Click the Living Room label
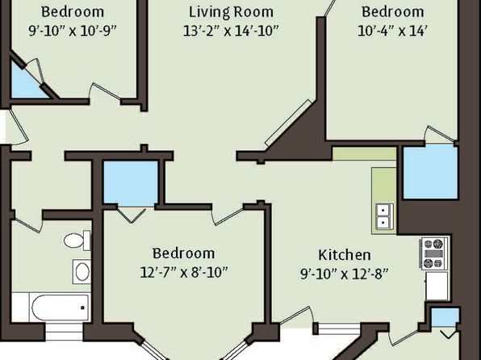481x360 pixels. (x=231, y=12)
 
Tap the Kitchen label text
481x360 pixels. (x=344, y=255)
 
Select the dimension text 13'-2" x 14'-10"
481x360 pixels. (x=231, y=31)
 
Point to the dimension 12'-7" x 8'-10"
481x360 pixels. (x=184, y=272)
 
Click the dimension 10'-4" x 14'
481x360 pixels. (x=393, y=31)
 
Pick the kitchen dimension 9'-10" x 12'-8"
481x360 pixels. (x=344, y=274)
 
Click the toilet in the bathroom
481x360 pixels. (x=77, y=241)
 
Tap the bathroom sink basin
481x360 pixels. (x=82, y=271)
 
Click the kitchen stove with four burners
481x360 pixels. (x=434, y=253)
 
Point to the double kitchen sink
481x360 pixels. (x=385, y=216)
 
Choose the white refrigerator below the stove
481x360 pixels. (x=437, y=286)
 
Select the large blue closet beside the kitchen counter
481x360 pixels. (x=430, y=172)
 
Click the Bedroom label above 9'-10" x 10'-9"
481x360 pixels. (x=73, y=12)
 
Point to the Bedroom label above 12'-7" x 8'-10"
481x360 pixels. (x=184, y=253)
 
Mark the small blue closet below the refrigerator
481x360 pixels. (x=445, y=317)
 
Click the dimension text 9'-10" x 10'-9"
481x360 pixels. (x=73, y=31)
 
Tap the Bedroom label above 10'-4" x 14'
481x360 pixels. (x=393, y=12)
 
